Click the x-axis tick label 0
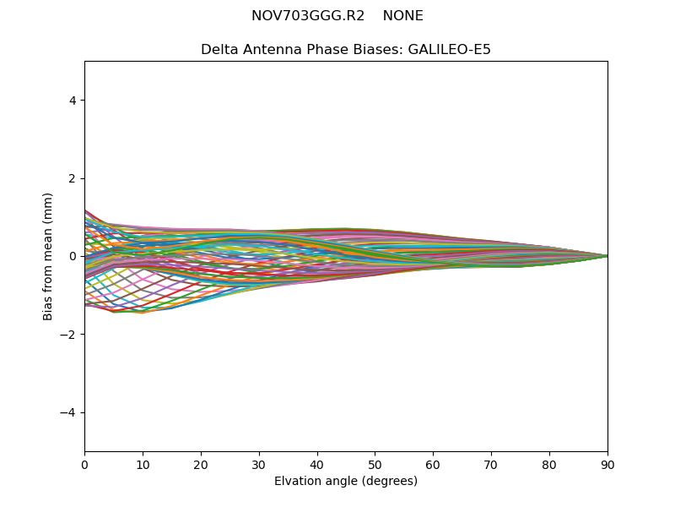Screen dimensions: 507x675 [84, 464]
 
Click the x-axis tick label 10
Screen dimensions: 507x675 [143, 464]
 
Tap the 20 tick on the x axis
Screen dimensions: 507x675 [201, 464]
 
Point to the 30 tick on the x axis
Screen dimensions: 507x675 [259, 464]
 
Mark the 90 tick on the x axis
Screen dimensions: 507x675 [607, 464]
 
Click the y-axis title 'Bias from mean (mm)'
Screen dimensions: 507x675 [49, 256]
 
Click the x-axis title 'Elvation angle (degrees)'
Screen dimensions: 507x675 [346, 482]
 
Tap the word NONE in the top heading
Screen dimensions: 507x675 [402, 16]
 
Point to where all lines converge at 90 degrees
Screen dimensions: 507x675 [607, 256]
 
